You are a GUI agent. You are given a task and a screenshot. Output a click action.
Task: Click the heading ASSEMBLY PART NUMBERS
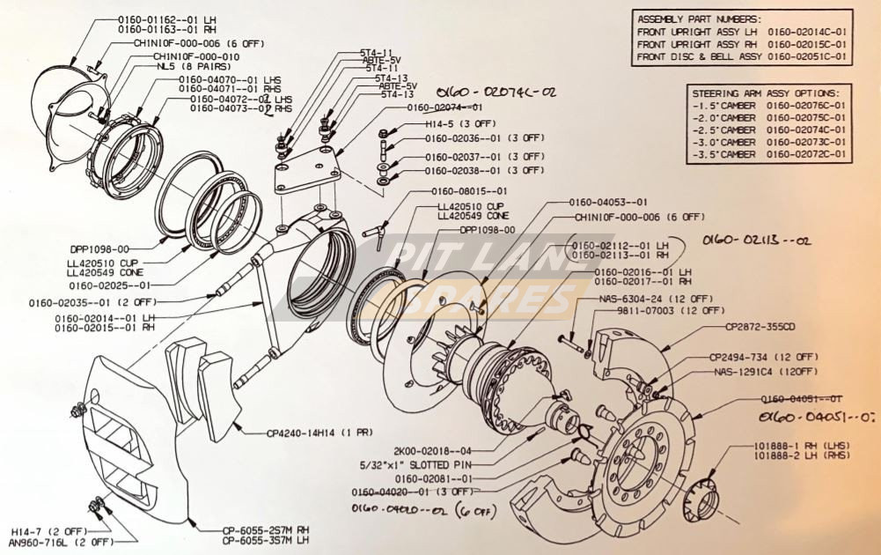pyautogui.click(x=699, y=18)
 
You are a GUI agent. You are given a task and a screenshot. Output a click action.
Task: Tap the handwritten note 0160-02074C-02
pyautogui.click(x=496, y=91)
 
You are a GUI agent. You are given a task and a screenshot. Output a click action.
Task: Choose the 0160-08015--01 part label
pyautogui.click(x=468, y=190)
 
